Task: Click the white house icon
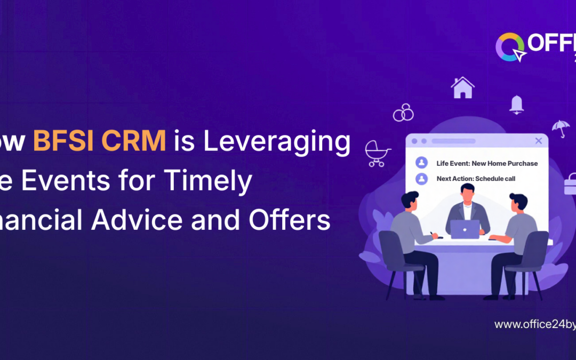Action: coord(462,87)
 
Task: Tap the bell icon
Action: coord(516,104)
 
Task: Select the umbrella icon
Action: coord(560,128)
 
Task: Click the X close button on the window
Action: coord(538,141)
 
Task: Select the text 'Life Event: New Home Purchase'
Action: coord(487,163)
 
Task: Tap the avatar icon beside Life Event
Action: coord(422,163)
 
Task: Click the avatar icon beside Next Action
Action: coord(422,179)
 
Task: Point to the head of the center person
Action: coord(468,192)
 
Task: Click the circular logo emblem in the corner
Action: coord(509,47)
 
